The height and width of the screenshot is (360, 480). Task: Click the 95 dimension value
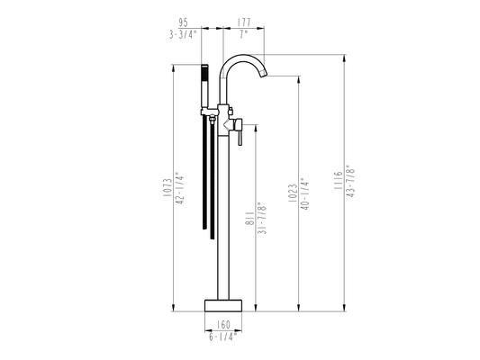183,22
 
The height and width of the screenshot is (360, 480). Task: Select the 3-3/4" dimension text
182,34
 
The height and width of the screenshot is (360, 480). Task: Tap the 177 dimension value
244,22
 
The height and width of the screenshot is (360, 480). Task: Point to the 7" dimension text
243,34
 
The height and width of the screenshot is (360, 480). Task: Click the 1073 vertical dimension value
168,187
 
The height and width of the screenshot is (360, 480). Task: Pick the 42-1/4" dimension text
180,188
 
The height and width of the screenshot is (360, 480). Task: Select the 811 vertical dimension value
249,219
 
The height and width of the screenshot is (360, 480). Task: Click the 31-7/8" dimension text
262,218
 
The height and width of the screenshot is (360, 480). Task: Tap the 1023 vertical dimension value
293,193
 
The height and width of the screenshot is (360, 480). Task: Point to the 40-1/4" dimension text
305,193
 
